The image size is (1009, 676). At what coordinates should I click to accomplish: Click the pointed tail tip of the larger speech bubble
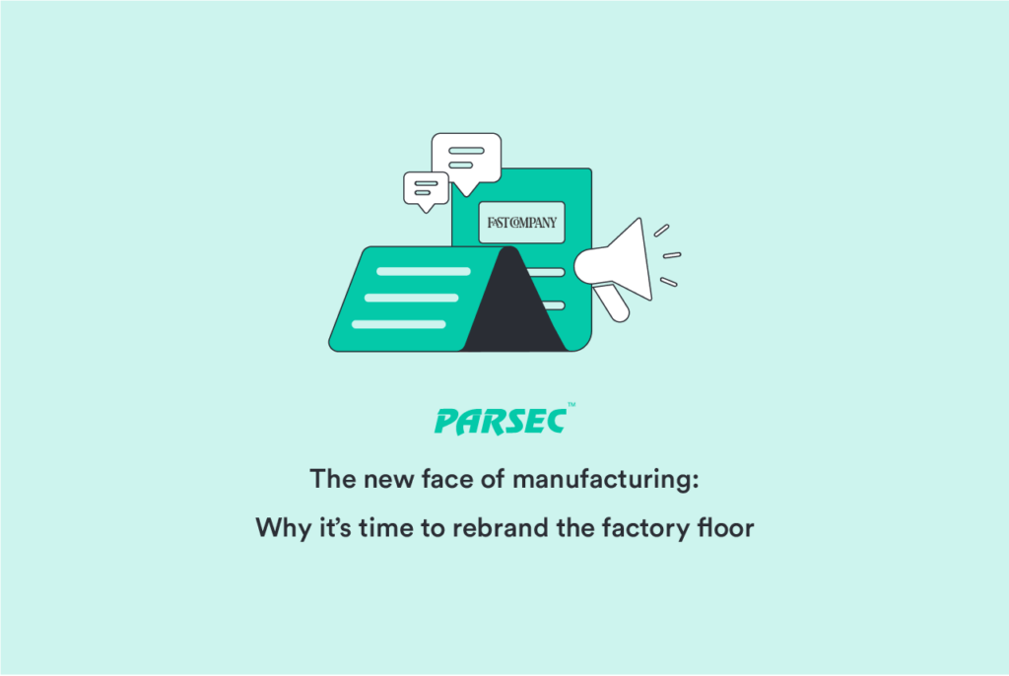click(465, 196)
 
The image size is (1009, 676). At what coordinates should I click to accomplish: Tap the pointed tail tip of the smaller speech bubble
click(426, 213)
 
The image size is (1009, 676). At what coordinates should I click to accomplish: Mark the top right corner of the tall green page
click(591, 169)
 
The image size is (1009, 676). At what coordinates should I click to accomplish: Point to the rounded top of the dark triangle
click(509, 247)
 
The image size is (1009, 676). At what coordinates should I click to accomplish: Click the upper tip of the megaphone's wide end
click(640, 219)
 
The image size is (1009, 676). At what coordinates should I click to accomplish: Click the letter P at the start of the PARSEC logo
click(447, 423)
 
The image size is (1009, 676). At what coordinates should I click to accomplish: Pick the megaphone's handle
click(611, 303)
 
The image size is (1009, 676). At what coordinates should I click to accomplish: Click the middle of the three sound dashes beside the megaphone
click(672, 255)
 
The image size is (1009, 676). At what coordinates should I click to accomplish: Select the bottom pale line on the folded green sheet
click(399, 324)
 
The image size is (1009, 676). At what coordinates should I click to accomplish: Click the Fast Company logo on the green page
click(522, 223)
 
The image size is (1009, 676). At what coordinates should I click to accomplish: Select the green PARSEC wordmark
click(501, 422)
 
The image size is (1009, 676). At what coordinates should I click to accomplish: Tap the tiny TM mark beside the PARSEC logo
click(572, 405)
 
